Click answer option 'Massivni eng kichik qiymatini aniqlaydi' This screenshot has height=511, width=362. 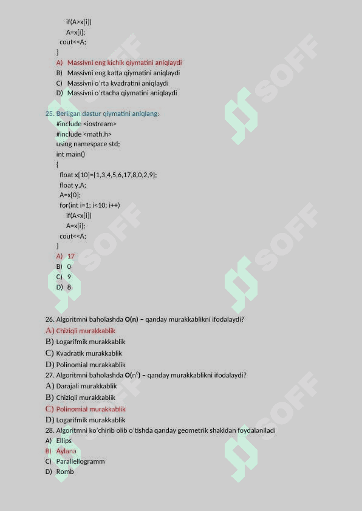125,63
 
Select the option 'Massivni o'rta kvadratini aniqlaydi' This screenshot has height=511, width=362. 118,83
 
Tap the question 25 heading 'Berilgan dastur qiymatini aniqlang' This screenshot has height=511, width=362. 108,113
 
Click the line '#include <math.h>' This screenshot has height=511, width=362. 84,134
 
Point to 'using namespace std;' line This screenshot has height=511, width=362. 88,144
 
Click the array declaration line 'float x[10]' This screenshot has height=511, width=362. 108,175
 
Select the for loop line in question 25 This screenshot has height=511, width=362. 89,205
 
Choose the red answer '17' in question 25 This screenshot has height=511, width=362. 71,256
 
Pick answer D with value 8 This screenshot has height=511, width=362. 69,287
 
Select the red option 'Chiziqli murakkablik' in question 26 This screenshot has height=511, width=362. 86,331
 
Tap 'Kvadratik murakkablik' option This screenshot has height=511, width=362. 89,353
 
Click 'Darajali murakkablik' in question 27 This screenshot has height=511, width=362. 86,386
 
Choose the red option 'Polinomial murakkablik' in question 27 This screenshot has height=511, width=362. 90,409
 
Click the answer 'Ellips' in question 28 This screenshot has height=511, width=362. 64,441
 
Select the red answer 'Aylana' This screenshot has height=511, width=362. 66,451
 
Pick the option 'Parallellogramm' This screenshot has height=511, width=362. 80,461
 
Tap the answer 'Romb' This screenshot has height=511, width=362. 65,472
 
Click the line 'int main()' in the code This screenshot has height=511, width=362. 70,154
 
